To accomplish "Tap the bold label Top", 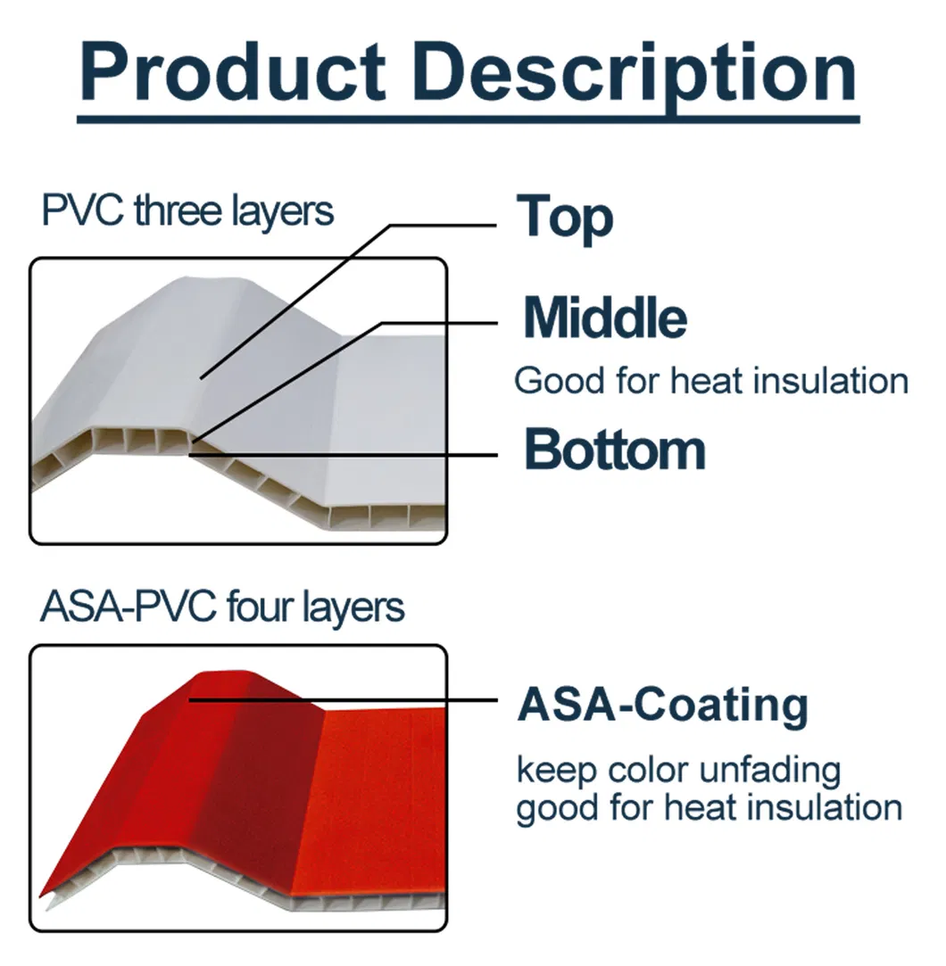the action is [565, 217].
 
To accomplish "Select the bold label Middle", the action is [605, 318].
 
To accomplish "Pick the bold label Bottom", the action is [614, 450].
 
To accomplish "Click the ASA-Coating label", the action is [662, 705].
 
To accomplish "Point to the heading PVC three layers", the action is [187, 211].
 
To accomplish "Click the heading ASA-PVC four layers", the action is [222, 608].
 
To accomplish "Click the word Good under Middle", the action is [559, 381].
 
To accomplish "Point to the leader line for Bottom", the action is [344, 455].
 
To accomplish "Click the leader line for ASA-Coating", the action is [344, 700].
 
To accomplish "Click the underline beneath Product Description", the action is [469, 119].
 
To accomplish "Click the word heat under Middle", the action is [706, 381].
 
